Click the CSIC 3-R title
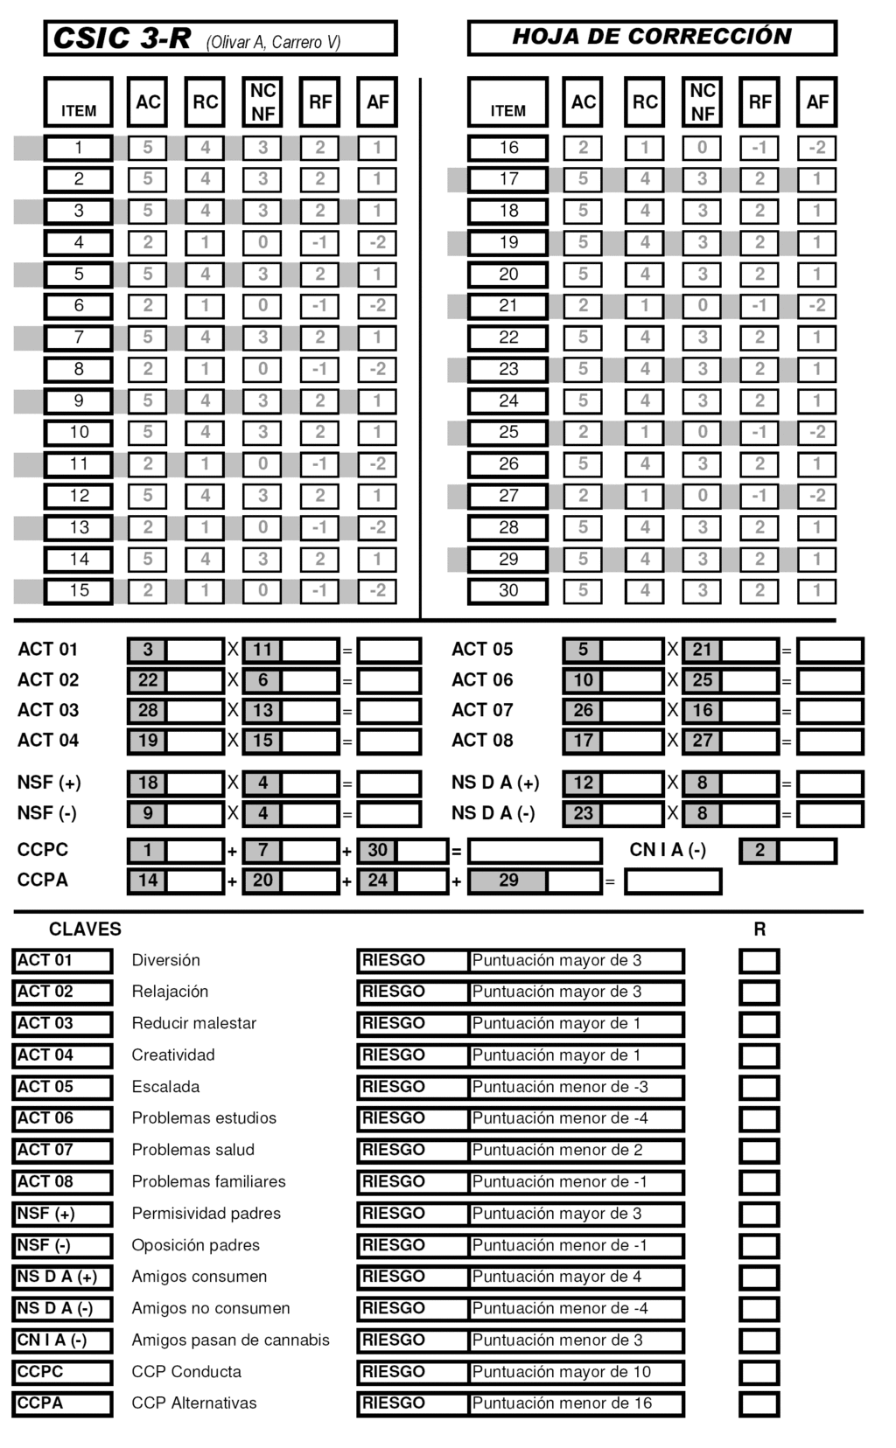click(122, 38)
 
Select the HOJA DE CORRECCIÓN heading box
click(652, 38)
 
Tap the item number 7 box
click(79, 338)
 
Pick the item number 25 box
click(508, 433)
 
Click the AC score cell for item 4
click(148, 242)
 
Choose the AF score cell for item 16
click(816, 148)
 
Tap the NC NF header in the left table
click(262, 102)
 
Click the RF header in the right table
click(759, 102)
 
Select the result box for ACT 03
click(389, 711)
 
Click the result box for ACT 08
click(829, 741)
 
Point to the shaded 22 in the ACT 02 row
click(148, 680)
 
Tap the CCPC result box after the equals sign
click(535, 851)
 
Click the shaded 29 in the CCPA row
click(508, 881)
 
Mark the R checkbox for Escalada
click(759, 1088)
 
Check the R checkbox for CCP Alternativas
click(759, 1404)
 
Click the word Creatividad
click(173, 1055)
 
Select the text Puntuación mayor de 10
click(562, 1372)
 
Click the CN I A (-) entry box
click(806, 851)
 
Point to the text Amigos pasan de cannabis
click(231, 1340)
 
